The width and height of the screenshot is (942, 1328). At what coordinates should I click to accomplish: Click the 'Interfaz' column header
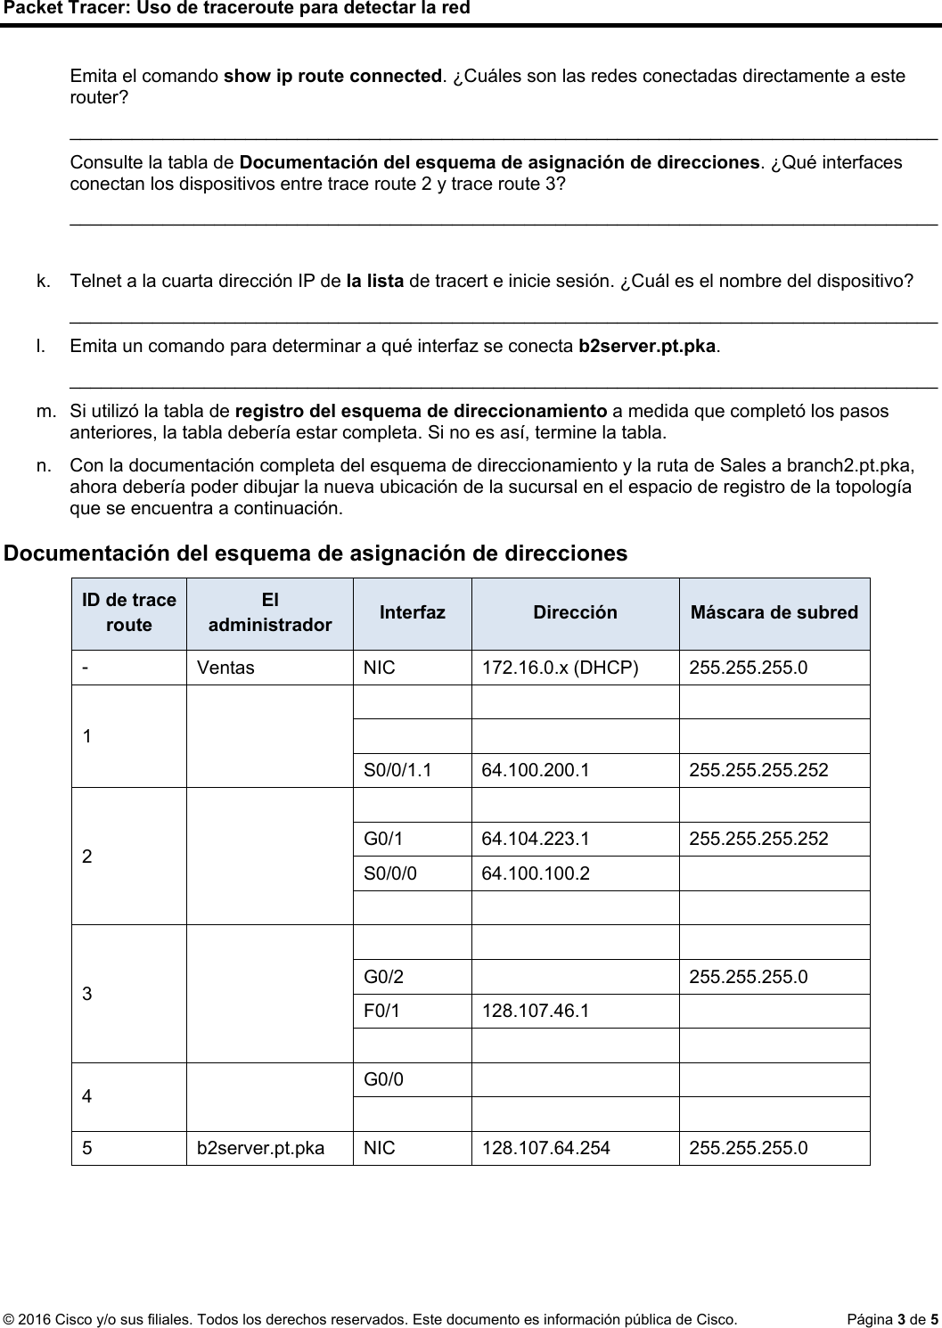412,613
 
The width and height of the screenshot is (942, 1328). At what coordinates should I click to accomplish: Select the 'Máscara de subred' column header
774,613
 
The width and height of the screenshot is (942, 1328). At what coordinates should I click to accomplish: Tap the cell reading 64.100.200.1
535,770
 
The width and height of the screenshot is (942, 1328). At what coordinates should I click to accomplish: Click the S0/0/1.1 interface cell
397,770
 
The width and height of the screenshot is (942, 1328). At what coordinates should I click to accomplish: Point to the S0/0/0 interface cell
389,873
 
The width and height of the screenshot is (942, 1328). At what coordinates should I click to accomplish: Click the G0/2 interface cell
383,977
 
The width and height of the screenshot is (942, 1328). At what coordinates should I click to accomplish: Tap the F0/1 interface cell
381,1012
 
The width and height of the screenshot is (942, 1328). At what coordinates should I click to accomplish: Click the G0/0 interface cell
383,1080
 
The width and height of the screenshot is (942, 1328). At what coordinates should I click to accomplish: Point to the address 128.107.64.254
545,1148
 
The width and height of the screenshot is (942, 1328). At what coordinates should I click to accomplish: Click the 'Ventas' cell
225,668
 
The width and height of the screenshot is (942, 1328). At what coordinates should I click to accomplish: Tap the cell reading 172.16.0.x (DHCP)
560,668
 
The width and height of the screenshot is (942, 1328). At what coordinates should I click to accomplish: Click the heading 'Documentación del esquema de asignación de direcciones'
315,553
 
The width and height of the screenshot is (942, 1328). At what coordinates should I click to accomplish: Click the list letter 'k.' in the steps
43,283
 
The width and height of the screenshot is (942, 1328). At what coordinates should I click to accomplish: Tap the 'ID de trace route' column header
129,613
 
